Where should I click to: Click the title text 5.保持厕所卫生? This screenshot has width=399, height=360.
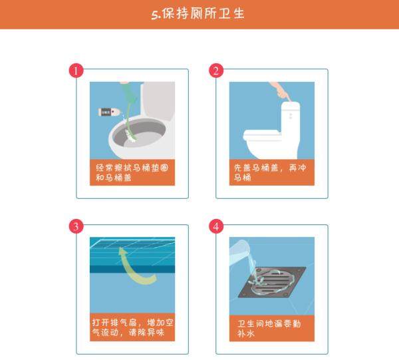pos(198,13)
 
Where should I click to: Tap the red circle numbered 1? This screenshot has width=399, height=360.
pos(76,71)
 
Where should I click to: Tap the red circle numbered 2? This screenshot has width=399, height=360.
pos(216,71)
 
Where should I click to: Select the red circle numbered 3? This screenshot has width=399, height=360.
pos(76,226)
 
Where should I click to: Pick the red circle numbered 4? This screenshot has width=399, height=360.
pos(216,226)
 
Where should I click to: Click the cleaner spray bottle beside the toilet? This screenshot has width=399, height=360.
pos(109,112)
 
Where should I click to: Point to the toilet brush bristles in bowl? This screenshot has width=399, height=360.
pos(130,136)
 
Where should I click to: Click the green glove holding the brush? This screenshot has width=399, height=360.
pos(129,94)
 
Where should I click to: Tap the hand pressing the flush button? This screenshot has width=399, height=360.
pos(281,91)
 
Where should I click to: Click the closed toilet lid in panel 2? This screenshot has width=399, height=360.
pos(261,133)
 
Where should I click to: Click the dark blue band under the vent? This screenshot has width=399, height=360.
pos(132,269)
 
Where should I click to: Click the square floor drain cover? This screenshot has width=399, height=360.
pos(272,282)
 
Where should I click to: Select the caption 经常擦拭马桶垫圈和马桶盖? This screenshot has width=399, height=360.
pos(132,172)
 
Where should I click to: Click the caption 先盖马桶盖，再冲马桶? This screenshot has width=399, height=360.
pos(270,172)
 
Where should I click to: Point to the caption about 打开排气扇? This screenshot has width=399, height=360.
pos(132,327)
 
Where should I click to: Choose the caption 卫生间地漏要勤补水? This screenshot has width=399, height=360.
pos(269,329)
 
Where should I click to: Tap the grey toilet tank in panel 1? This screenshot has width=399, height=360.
pos(158,100)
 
